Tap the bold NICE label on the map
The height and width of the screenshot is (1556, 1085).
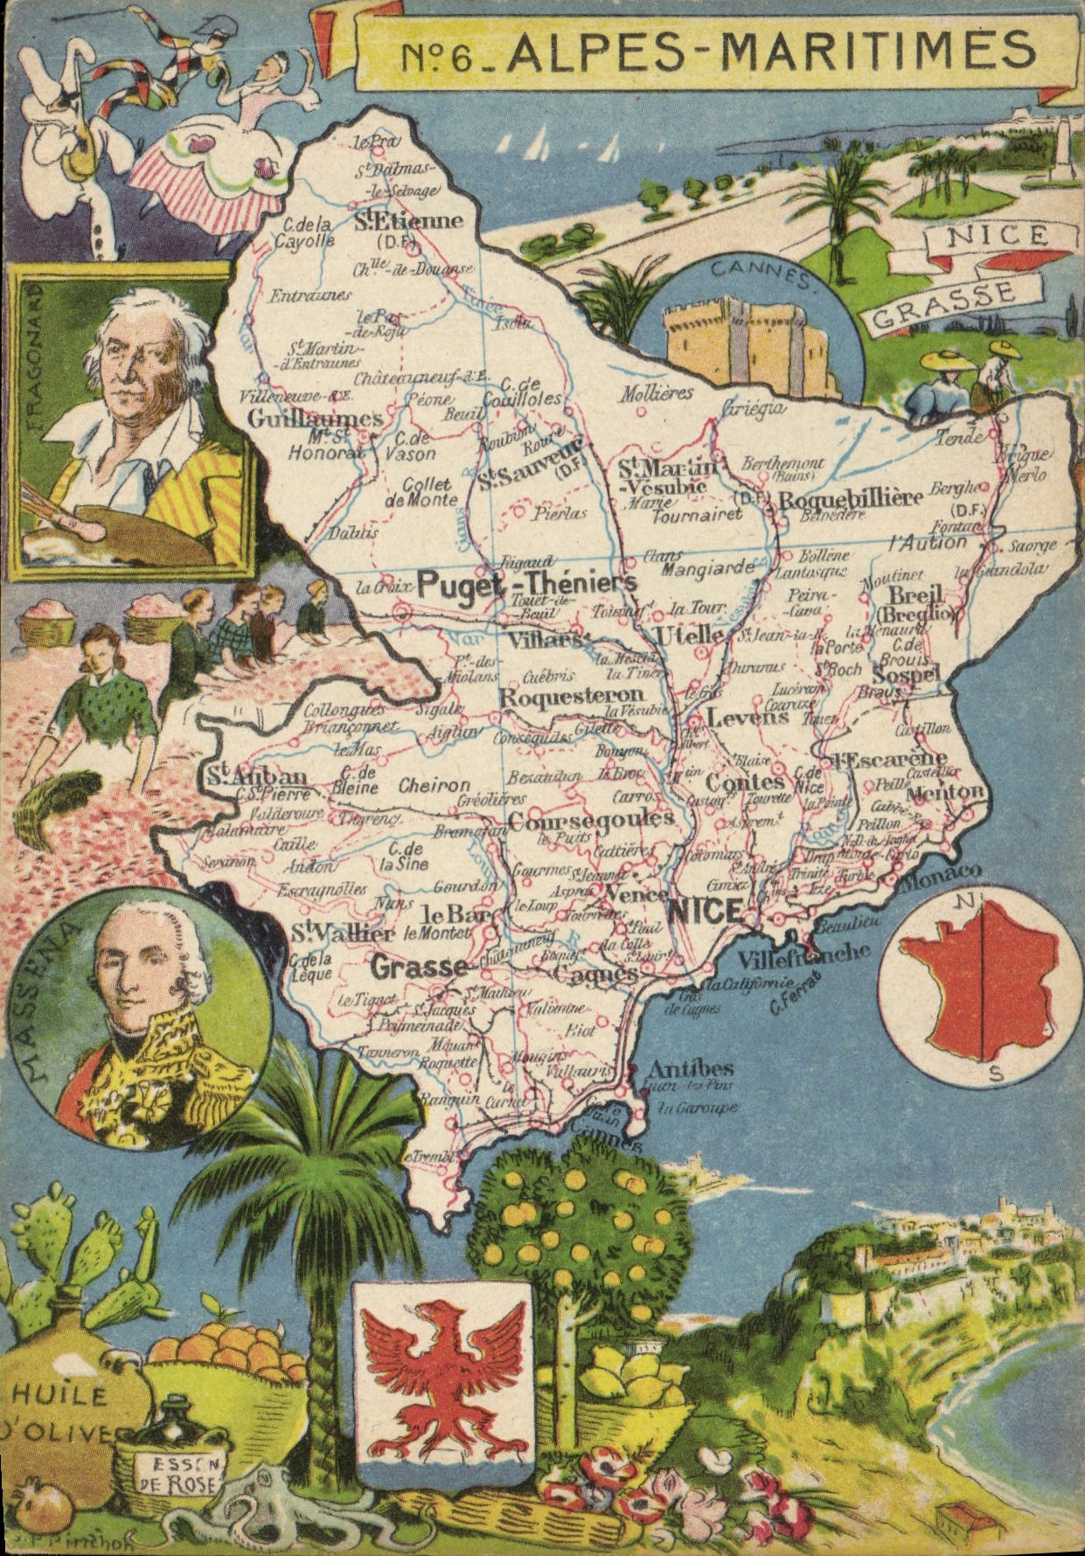705,912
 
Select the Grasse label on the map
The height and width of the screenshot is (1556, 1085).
419,966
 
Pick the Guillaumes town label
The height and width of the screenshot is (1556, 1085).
315,419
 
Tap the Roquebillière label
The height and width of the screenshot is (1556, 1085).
850,499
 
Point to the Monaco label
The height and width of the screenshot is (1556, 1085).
946,875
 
